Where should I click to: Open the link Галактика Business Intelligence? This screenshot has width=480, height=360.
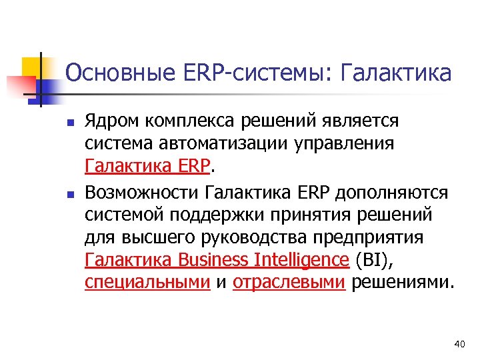pyautogui.click(x=217, y=259)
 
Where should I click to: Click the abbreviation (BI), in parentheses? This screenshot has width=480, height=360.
pyautogui.click(x=375, y=259)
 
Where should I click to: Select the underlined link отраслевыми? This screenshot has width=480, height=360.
pyautogui.click(x=289, y=282)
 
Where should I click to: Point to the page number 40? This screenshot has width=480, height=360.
pyautogui.click(x=458, y=343)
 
